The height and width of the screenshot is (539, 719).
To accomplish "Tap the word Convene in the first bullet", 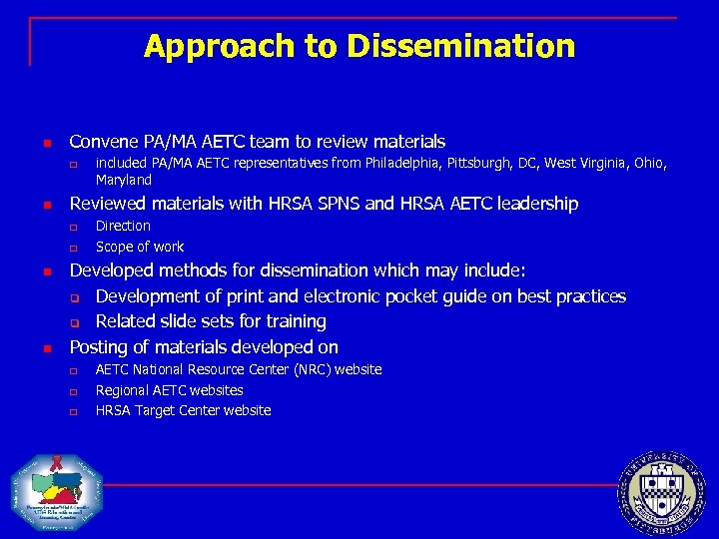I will coord(103,142).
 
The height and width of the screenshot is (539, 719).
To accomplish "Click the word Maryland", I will coord(124,181).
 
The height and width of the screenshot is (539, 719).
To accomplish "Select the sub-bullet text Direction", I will coord(123,226).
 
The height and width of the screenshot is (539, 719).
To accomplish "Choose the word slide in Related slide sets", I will coord(180,321).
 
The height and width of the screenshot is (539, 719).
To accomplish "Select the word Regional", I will coord(123,390).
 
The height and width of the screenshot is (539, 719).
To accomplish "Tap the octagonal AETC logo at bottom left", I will coord(57,492).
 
